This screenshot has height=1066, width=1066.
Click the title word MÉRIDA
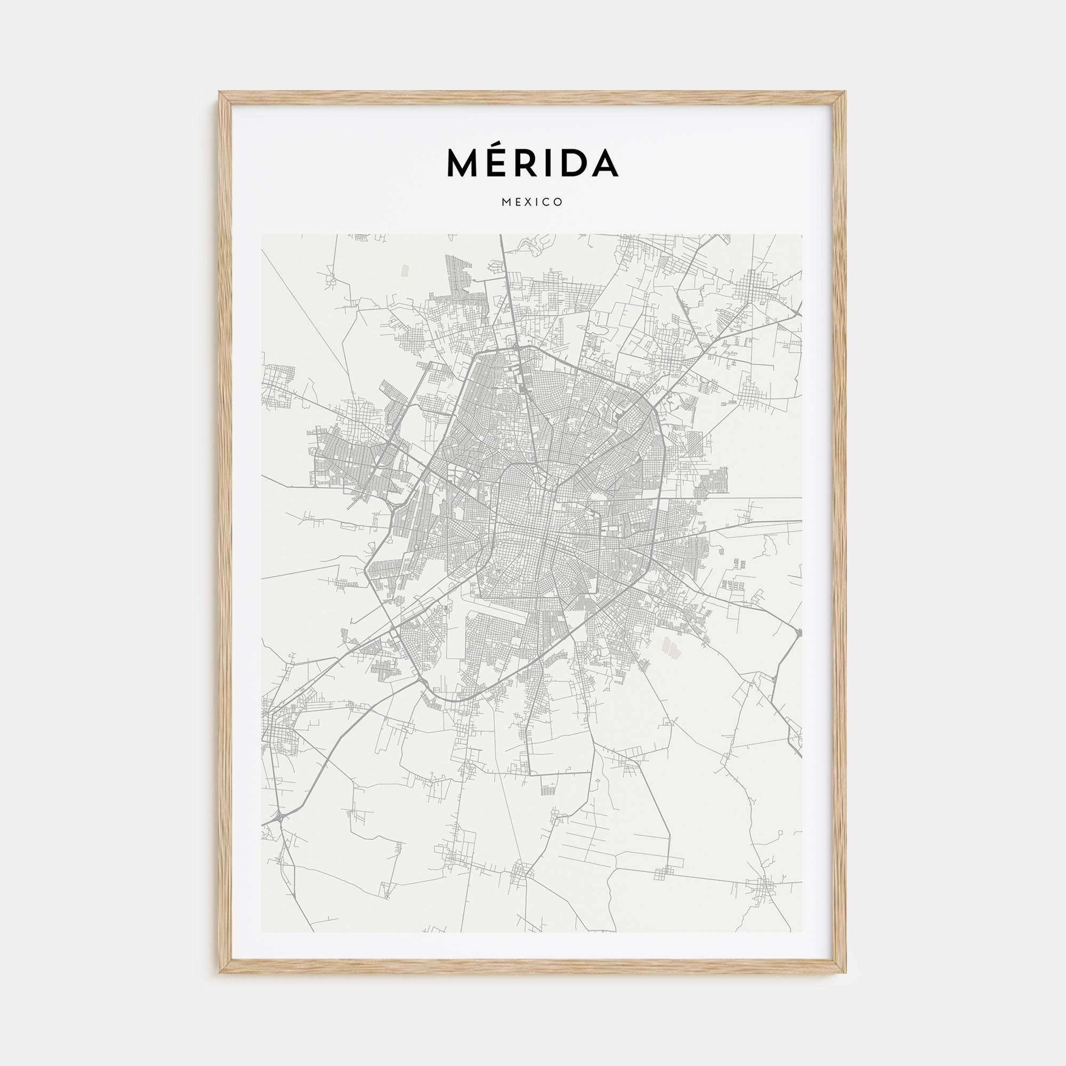coord(532,163)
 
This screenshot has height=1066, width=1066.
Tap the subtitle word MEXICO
coord(532,202)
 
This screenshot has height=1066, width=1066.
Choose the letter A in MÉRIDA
coord(604,163)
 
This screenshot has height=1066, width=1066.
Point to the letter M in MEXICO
coord(506,202)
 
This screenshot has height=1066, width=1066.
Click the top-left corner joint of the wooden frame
coord(225,98)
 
